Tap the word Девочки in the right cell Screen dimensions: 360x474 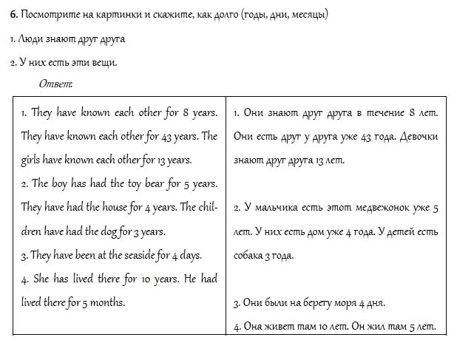[x=418, y=136]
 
